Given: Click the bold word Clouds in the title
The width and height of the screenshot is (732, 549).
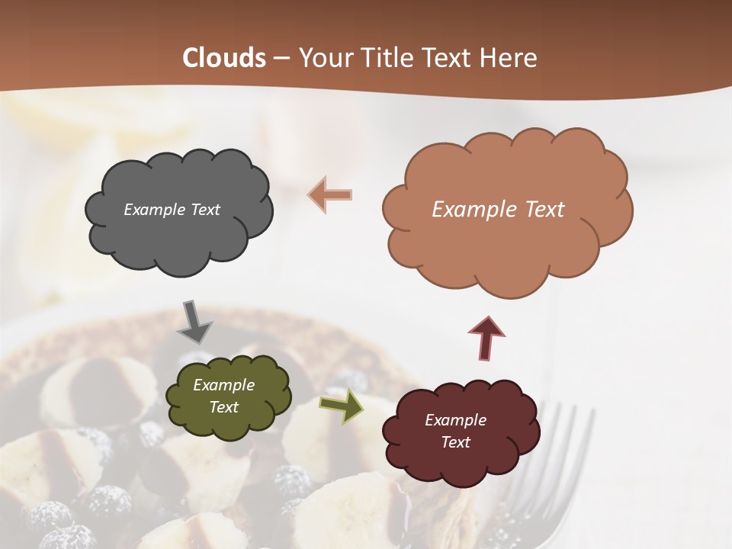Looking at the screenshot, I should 224,58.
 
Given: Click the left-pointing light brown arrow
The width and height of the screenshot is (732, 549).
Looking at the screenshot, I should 330,194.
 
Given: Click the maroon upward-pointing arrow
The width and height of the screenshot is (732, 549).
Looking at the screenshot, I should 486,337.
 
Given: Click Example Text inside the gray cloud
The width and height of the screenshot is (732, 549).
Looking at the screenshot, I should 172,210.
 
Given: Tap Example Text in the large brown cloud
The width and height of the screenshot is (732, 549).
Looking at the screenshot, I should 498,210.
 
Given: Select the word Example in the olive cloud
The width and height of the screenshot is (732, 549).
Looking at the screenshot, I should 223,385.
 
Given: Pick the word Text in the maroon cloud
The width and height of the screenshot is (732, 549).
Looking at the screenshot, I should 455,442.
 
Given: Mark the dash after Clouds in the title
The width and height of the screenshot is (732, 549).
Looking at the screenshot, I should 281,58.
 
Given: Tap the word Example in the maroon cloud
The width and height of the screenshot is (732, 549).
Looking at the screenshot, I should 455,420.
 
